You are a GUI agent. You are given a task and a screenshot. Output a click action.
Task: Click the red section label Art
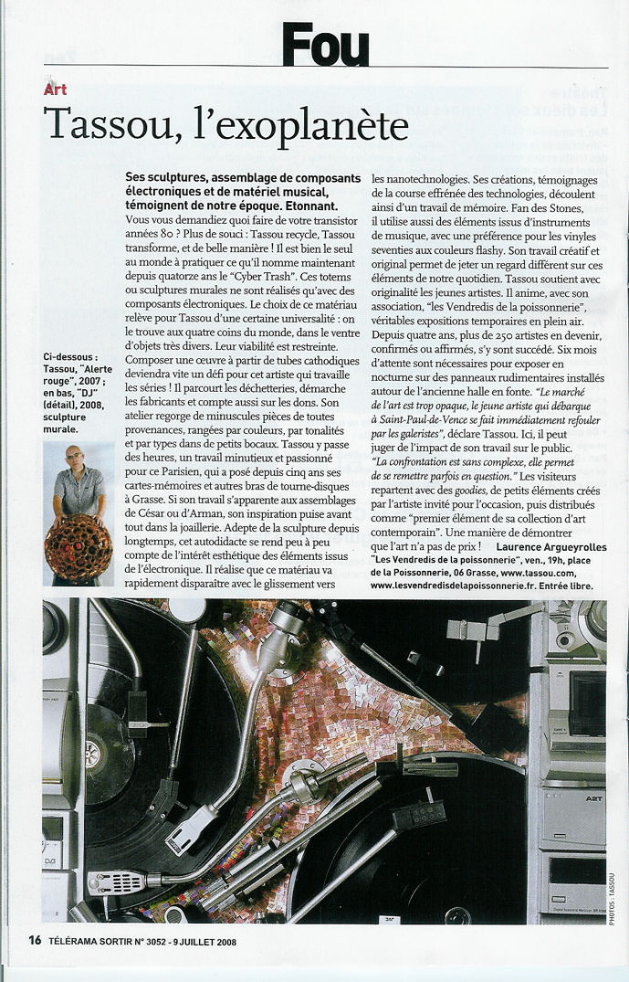pos(55,90)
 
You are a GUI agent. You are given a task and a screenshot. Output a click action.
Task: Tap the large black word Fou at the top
pos(325,45)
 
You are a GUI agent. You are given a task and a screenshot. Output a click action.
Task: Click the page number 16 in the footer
pos(34,940)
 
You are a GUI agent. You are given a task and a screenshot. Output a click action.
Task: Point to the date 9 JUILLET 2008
pos(194,941)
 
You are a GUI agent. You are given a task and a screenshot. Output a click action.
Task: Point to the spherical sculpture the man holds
pos(77,547)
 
